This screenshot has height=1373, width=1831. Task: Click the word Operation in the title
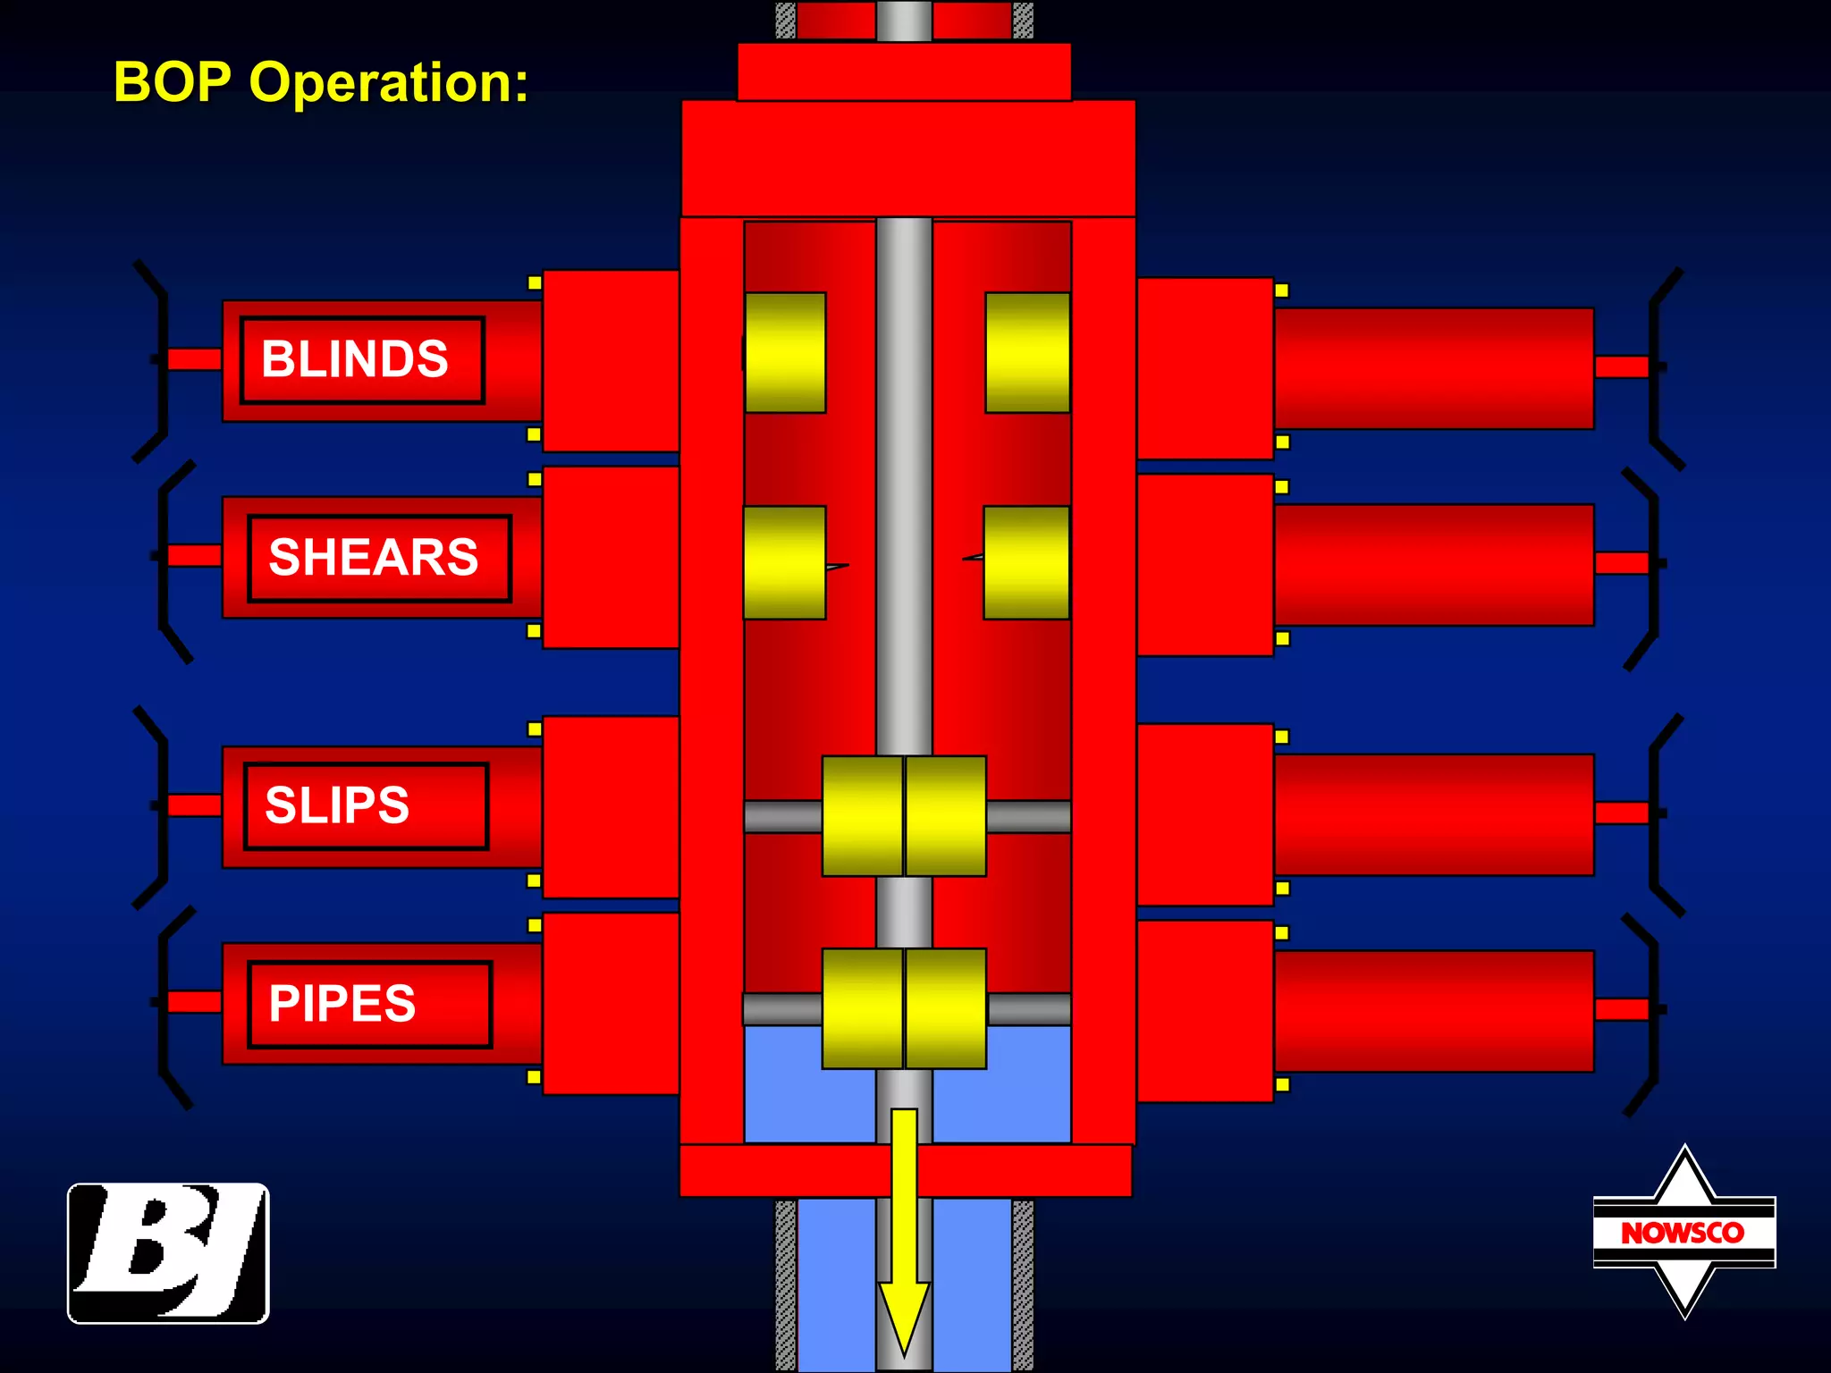[x=388, y=82]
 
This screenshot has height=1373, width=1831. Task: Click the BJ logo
[x=168, y=1252]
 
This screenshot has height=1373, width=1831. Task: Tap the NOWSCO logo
[x=1683, y=1233]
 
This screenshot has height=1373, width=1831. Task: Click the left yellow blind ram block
[x=785, y=352]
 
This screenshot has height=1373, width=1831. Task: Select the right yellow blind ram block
[x=1027, y=352]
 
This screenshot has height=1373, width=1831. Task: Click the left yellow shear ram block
[x=784, y=562]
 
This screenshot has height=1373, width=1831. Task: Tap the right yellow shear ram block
[x=1026, y=562]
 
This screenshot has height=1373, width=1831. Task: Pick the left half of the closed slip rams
[x=862, y=816]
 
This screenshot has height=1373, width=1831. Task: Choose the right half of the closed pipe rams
[x=946, y=1008]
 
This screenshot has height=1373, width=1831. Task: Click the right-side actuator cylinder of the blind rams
[x=1433, y=368]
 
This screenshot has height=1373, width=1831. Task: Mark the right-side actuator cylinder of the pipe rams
[x=1433, y=1010]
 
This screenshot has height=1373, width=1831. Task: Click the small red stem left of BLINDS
[x=194, y=359]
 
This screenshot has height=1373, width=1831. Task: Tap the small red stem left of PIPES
[x=194, y=1002]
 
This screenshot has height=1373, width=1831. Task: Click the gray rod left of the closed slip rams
[x=782, y=816]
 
